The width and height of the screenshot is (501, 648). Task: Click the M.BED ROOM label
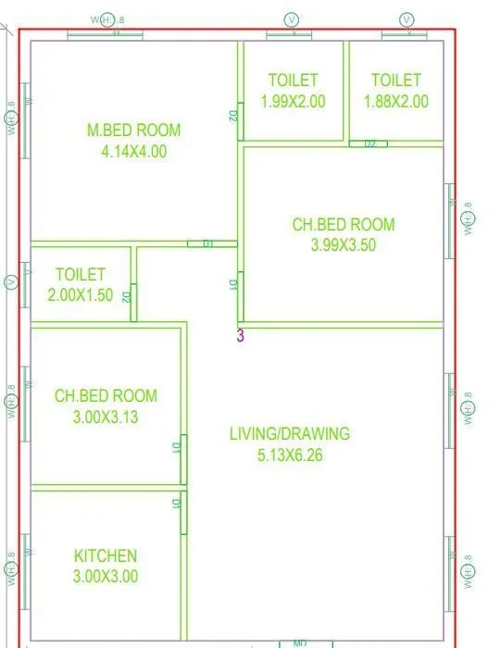coord(134,131)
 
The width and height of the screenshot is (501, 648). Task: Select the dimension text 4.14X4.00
coord(134,152)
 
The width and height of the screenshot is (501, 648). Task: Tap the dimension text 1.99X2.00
coord(293,102)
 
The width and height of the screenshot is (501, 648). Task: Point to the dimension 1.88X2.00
coord(395,102)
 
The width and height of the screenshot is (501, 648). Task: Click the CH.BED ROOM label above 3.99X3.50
coord(344,224)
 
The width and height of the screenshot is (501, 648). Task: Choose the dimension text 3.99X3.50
coord(344,245)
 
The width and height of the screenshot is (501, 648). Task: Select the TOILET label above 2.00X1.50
coord(81,274)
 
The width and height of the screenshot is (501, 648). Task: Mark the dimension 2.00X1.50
coord(81,295)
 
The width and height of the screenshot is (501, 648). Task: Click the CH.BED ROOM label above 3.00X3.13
coord(106,395)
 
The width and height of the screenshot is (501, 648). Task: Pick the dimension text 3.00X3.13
coord(106,417)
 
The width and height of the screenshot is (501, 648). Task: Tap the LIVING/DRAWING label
coord(290,433)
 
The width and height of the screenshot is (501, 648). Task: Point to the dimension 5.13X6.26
coord(290,455)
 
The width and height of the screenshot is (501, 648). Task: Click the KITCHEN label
coord(106,555)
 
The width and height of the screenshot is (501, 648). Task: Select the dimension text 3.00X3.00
coord(106,576)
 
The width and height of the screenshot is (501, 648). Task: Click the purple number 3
coord(241,336)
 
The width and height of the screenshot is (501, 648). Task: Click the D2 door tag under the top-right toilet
coord(369,144)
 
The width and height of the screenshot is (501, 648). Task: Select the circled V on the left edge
coord(11,281)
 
